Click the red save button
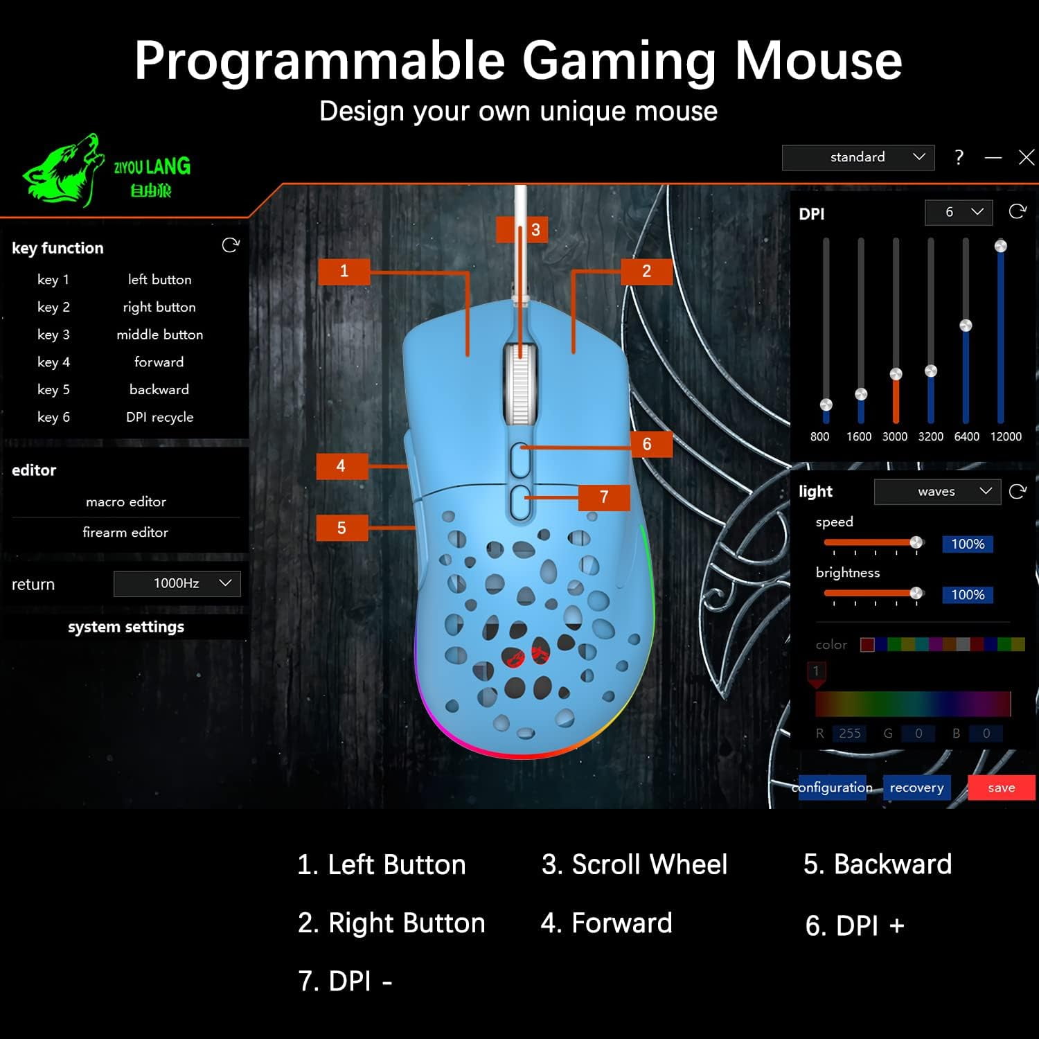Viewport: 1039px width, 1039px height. (1001, 788)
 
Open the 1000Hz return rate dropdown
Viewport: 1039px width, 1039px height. (177, 583)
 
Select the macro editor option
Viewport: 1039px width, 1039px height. (126, 501)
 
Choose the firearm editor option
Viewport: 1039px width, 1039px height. (125, 532)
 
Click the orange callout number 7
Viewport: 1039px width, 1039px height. (604, 497)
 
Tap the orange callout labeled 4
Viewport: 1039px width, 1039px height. (341, 465)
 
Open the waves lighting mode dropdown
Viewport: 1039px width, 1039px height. (937, 491)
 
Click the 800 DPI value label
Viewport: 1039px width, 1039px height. (819, 436)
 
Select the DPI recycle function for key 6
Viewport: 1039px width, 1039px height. (160, 417)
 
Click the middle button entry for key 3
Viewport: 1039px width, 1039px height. (160, 335)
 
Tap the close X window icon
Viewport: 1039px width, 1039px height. (1027, 157)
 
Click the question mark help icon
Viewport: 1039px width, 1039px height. (959, 157)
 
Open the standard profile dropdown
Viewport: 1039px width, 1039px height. (858, 157)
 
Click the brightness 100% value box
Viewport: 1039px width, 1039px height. (968, 594)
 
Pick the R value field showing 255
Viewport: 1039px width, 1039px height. (850, 733)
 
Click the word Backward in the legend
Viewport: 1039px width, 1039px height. (893, 864)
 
